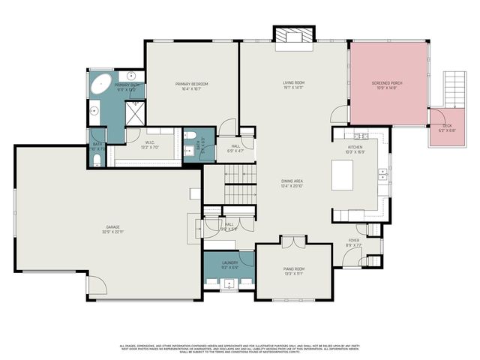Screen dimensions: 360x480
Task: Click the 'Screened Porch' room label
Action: click(388, 83)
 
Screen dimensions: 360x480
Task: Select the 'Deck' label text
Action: click(447, 125)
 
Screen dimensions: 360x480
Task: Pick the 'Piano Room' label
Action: click(292, 270)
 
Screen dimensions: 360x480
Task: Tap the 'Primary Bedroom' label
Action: click(192, 84)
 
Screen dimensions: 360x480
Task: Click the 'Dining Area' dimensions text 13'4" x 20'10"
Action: click(271, 185)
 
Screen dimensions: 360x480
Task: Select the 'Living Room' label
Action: click(292, 83)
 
